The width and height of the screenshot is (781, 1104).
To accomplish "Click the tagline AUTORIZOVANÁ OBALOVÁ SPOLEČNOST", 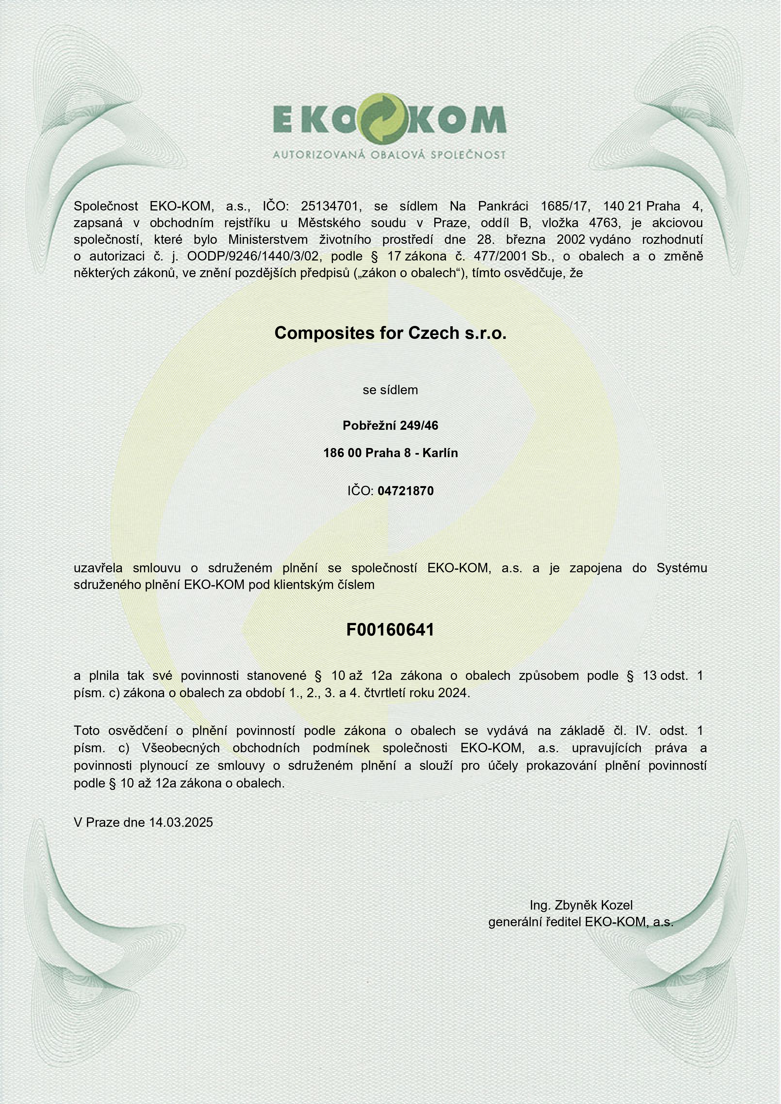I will pos(389,155).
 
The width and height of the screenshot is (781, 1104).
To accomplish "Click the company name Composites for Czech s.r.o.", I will pos(390,333).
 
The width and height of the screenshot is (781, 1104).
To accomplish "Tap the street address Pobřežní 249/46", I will pos(390,426).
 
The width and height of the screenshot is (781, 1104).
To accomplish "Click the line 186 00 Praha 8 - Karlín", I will pos(390,453).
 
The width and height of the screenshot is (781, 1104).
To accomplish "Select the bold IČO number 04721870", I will pos(406,491).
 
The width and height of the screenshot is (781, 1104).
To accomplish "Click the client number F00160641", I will pos(390,630).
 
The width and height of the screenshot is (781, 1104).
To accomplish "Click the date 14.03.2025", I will pos(181,822).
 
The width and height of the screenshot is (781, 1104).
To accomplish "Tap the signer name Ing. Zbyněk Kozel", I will pos(581,905).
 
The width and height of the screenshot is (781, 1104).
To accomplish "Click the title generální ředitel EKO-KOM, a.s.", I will pos(581,922).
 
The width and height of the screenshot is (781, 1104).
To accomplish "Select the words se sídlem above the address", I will pos(390,390).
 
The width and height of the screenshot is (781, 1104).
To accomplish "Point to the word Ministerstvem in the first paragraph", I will pos(268,239).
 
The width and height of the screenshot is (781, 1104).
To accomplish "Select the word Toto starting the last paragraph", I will pos(87,731).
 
